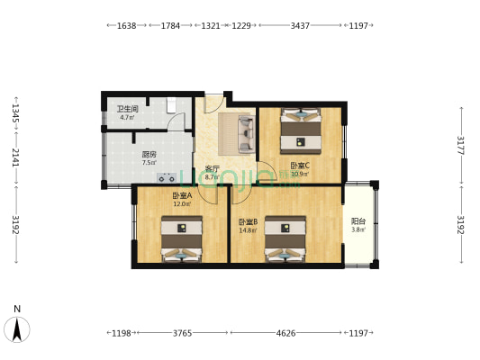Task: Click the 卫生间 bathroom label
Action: [x=125, y=109]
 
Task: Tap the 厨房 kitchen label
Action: [x=149, y=154]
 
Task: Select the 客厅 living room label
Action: [x=212, y=169]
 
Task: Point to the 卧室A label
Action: [x=182, y=195]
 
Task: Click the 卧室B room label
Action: [x=249, y=221]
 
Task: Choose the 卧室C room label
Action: [x=299, y=166]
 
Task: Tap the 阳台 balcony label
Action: [x=358, y=220]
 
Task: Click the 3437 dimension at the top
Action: [x=300, y=26]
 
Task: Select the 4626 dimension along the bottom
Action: [x=285, y=333]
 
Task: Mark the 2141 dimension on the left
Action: [x=15, y=157]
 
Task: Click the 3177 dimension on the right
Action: [x=460, y=146]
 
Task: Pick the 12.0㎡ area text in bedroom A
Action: [x=180, y=204]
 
